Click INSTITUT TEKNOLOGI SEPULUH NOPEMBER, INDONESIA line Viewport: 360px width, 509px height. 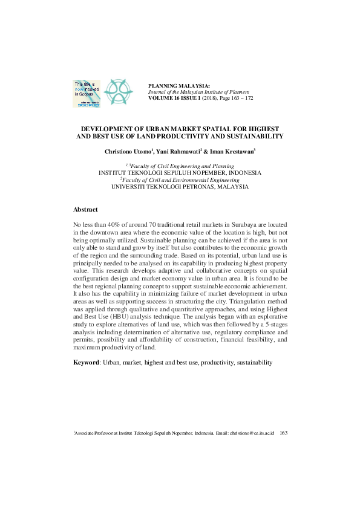[x=180, y=172]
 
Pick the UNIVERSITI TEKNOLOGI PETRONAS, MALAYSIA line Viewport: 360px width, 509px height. [x=180, y=187]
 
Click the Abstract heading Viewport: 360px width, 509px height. [x=85, y=209]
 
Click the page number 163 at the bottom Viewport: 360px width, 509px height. [x=283, y=433]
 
